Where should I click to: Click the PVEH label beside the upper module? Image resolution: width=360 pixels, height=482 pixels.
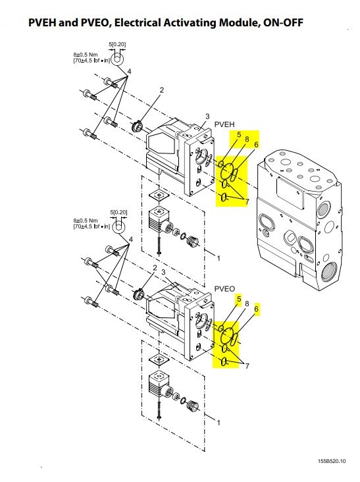(x=224, y=124)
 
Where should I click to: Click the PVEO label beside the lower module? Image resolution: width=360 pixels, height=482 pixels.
(x=224, y=288)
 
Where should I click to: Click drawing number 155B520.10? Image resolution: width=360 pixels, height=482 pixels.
(x=332, y=461)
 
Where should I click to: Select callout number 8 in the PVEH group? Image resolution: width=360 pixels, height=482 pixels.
(x=247, y=139)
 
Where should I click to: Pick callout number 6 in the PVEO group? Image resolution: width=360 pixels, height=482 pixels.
(x=257, y=308)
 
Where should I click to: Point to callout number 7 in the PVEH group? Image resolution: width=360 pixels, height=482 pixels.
(x=247, y=201)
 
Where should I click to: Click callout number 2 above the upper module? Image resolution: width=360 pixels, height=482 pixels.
(x=161, y=90)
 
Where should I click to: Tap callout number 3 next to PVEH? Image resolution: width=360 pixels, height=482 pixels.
(x=207, y=116)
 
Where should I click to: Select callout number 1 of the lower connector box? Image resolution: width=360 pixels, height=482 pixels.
(x=219, y=423)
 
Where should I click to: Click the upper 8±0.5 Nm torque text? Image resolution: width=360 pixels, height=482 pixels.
(x=86, y=55)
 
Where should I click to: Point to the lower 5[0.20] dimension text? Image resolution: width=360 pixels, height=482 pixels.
(x=118, y=212)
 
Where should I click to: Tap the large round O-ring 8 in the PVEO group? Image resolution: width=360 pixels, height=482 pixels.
(x=228, y=335)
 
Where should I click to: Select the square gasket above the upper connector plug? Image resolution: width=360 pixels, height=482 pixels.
(x=159, y=195)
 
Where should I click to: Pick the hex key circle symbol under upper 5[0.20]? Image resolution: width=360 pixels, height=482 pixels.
(x=116, y=59)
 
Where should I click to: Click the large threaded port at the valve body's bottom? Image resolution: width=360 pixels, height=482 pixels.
(x=329, y=273)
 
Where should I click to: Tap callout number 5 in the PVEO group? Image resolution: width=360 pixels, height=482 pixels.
(x=239, y=299)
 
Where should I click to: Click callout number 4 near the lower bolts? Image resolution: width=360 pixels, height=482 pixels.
(x=131, y=239)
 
